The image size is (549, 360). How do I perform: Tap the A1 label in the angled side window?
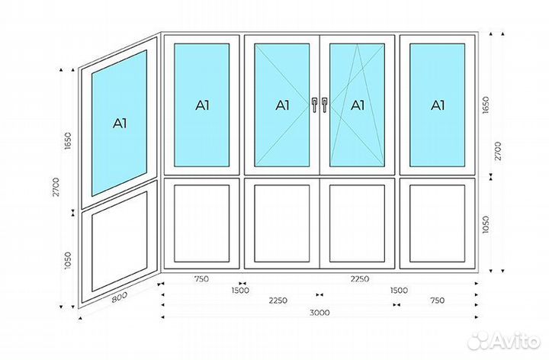[120, 122]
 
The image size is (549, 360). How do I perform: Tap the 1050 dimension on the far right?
[486, 224]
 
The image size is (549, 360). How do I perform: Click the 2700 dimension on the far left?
[56, 188]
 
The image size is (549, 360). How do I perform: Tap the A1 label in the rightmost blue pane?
[437, 105]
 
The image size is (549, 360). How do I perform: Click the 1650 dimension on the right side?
[486, 104]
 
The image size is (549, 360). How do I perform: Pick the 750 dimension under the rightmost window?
[437, 301]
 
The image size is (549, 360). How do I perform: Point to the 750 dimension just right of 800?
[201, 279]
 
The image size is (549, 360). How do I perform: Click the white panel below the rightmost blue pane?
[437, 222]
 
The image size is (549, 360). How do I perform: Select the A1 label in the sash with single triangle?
[282, 105]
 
